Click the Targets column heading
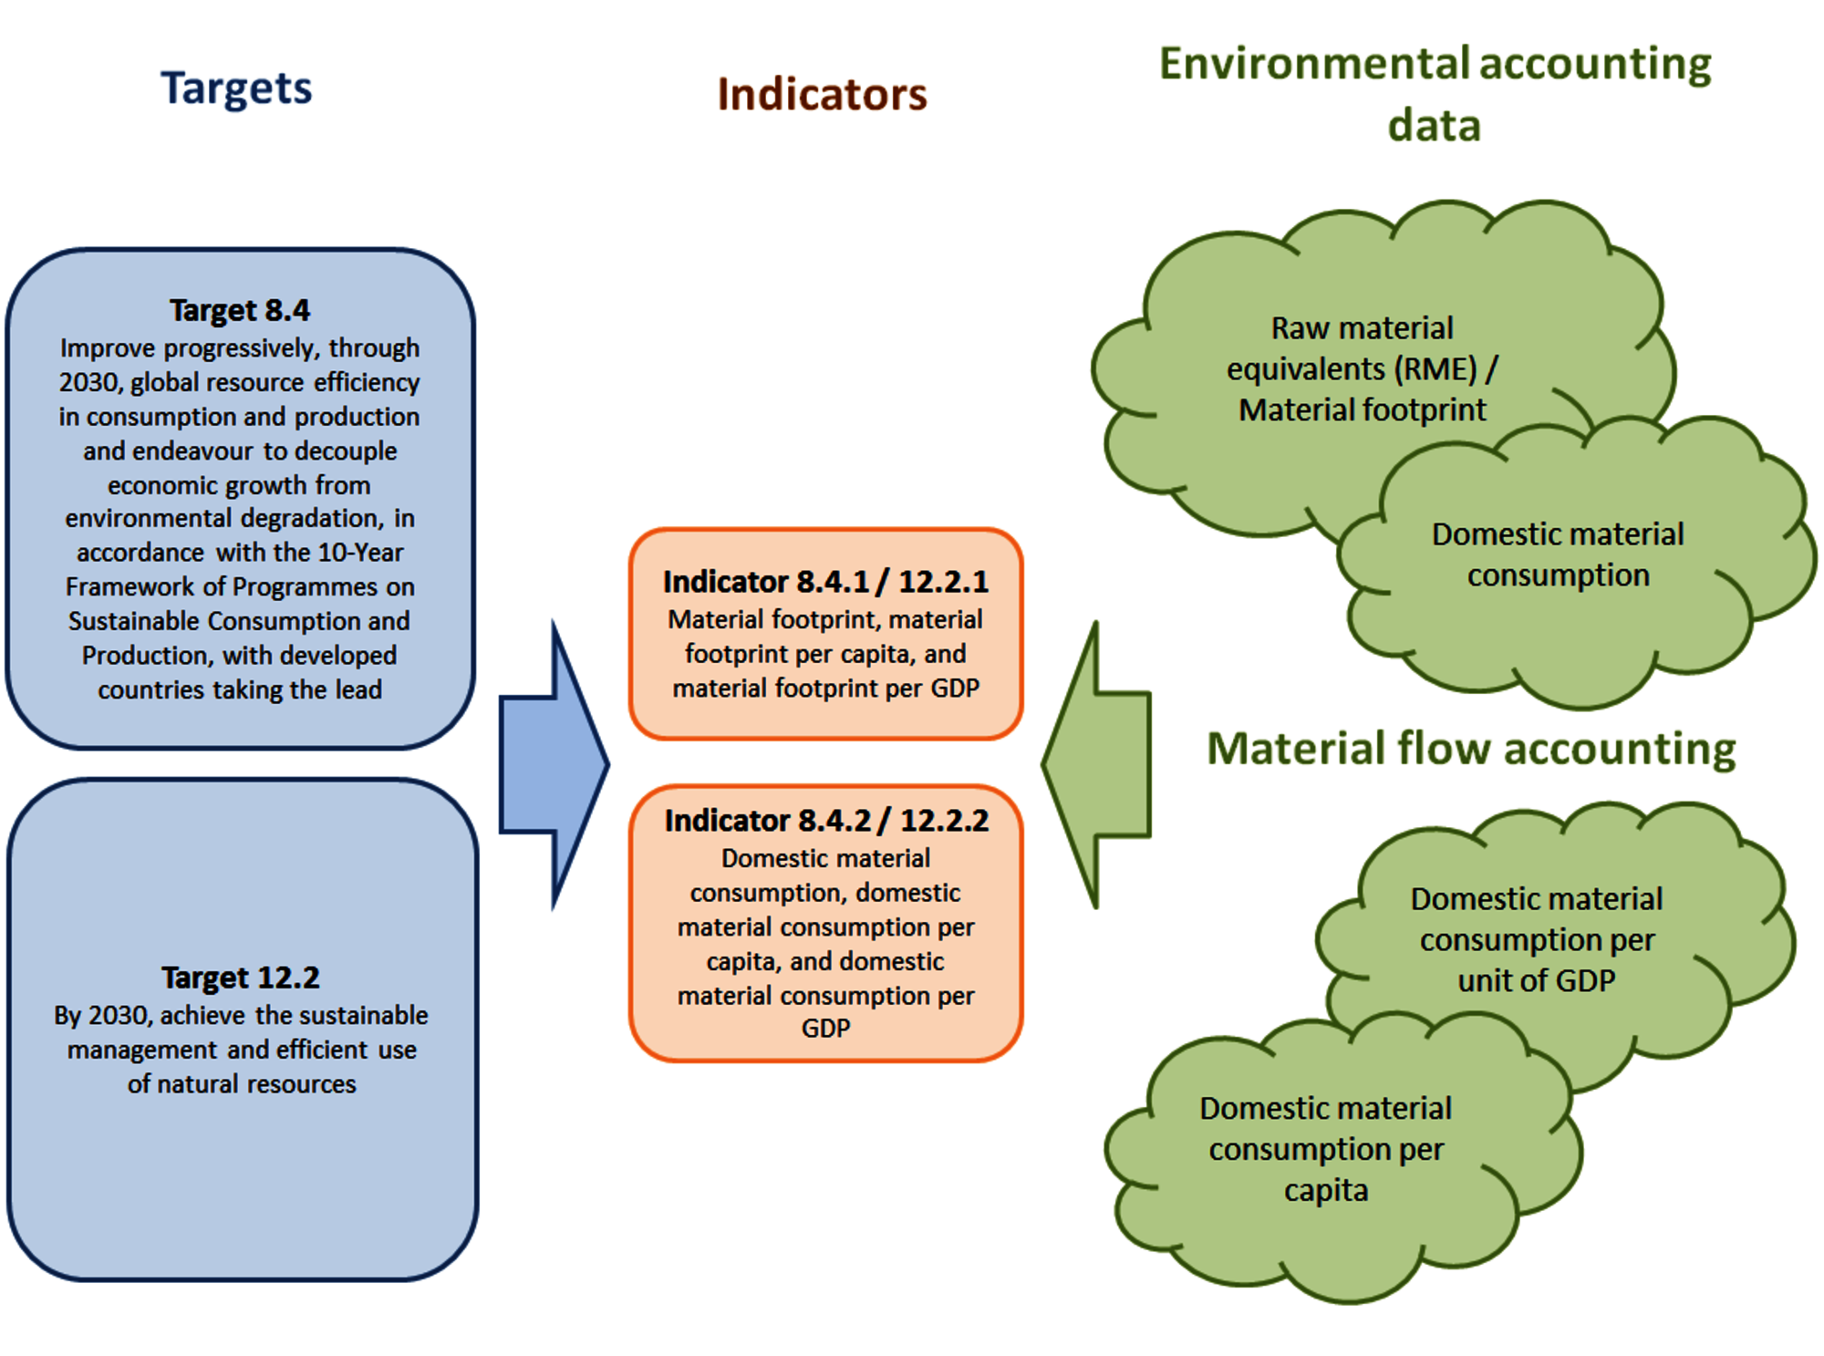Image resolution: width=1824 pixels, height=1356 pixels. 236,88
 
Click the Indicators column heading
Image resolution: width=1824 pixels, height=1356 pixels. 822,95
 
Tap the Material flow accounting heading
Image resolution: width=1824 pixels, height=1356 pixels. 1470,749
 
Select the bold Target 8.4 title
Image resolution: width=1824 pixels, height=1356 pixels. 240,310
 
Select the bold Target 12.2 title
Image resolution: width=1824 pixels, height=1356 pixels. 241,978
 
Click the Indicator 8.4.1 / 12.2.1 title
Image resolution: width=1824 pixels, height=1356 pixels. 825,582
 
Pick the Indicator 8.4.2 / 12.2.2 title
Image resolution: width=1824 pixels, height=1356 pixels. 825,821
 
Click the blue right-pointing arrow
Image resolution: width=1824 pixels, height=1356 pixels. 553,764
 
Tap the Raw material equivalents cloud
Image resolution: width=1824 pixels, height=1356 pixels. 1362,368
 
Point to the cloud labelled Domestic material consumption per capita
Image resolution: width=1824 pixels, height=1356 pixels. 1325,1149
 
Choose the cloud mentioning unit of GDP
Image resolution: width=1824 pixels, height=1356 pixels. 1537,939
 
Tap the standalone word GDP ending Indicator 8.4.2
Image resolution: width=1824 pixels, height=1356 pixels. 825,1029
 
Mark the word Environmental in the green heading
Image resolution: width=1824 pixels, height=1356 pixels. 1313,65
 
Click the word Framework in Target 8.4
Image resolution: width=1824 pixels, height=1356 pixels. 119,587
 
